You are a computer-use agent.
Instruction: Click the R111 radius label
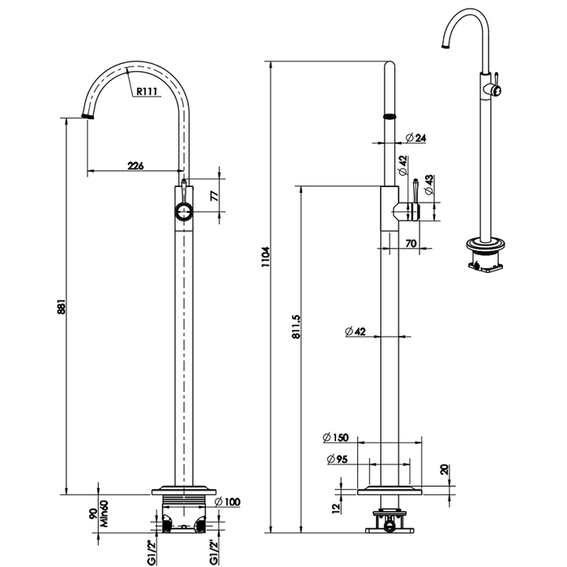tap(147, 92)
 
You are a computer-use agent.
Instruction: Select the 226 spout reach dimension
tap(135, 166)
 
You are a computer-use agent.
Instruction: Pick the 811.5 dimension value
tap(296, 328)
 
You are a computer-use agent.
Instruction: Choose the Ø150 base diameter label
tap(335, 437)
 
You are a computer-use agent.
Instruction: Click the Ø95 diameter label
tap(338, 459)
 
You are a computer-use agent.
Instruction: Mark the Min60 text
tap(105, 513)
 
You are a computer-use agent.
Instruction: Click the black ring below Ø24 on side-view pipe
tap(390, 115)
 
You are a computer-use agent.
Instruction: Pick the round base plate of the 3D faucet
tap(484, 242)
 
